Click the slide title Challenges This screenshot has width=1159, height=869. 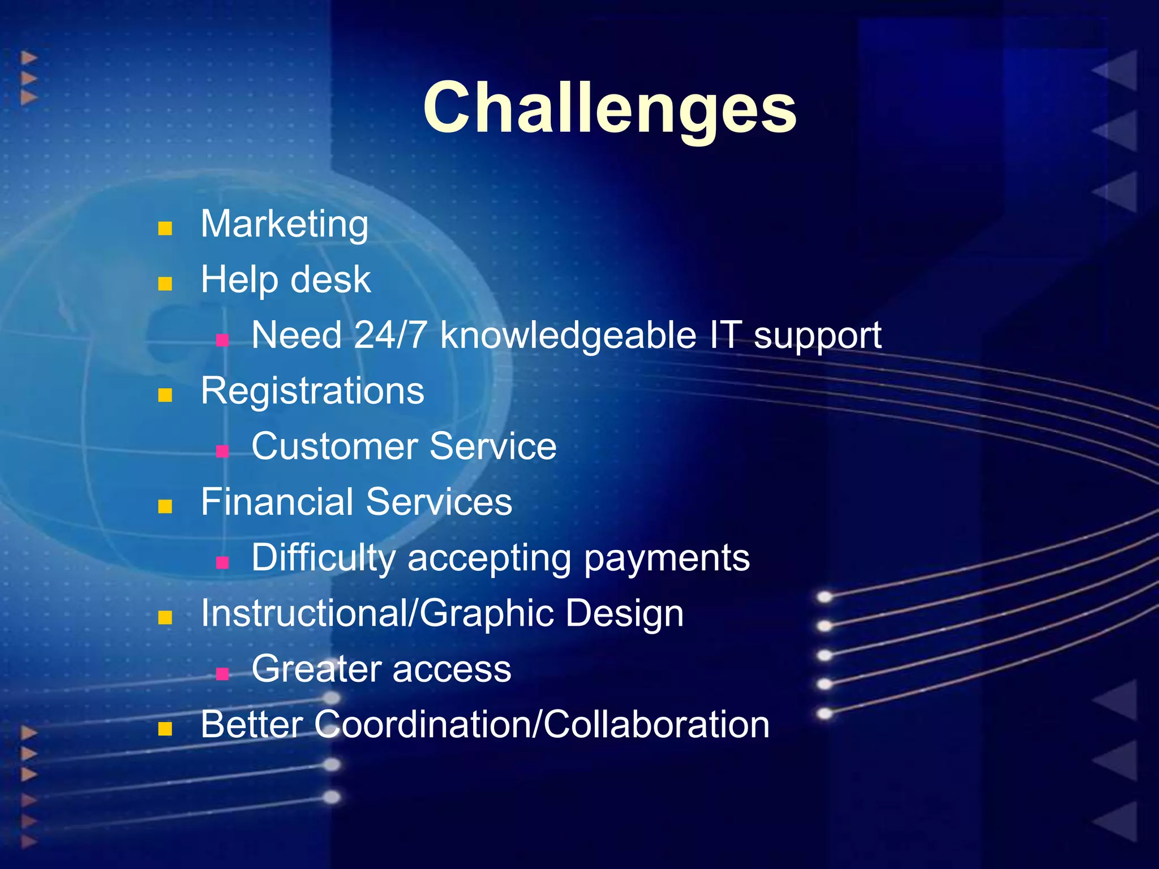pyautogui.click(x=609, y=107)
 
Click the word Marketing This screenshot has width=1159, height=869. pyautogui.click(x=285, y=225)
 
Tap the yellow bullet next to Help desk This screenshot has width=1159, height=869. pyautogui.click(x=165, y=283)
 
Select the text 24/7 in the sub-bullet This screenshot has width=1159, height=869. pyautogui.click(x=390, y=335)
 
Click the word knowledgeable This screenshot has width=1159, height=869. pyautogui.click(x=568, y=336)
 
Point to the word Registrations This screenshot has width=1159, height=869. pyautogui.click(x=312, y=392)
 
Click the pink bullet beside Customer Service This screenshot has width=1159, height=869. pyautogui.click(x=222, y=451)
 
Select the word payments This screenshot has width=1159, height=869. pyautogui.click(x=666, y=559)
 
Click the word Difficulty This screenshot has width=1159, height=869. pyautogui.click(x=324, y=558)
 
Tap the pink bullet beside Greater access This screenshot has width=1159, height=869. pyautogui.click(x=222, y=673)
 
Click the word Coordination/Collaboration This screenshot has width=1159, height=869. pyautogui.click(x=542, y=725)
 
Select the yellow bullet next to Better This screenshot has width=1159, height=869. pyautogui.click(x=165, y=729)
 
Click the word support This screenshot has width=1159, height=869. pyautogui.click(x=817, y=336)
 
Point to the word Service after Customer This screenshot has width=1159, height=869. pyautogui.click(x=492, y=446)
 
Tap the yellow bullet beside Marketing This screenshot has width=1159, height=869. pyautogui.click(x=165, y=229)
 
